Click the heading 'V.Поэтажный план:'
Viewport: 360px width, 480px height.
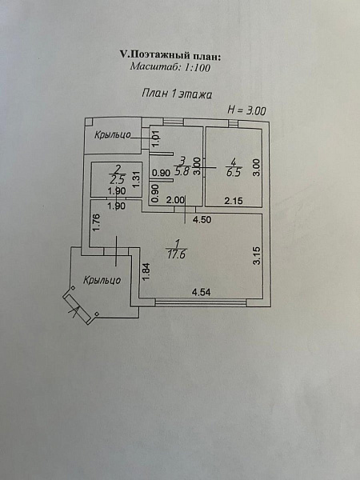(x=170, y=55)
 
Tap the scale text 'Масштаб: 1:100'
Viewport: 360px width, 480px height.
(x=170, y=67)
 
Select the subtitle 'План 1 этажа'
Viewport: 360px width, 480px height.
(x=177, y=94)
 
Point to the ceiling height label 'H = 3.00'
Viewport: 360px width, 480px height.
(x=246, y=110)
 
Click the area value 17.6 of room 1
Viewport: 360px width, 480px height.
(x=177, y=254)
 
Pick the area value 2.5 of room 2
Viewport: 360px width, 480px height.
(x=117, y=178)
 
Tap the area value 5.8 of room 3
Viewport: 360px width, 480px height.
(x=182, y=171)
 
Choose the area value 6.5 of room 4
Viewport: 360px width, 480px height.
(x=234, y=172)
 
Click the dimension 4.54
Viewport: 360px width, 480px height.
(x=201, y=292)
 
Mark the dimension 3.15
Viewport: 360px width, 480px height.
(x=257, y=255)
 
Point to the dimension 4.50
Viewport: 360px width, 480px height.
(x=202, y=219)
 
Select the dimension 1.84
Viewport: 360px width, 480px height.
(x=146, y=272)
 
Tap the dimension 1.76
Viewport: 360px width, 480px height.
(x=96, y=223)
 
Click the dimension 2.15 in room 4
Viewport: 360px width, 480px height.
(x=234, y=201)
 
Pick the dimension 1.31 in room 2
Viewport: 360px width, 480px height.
(x=137, y=179)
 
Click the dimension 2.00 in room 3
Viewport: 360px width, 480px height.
(x=175, y=200)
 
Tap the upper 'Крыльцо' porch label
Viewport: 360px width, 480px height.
(x=112, y=134)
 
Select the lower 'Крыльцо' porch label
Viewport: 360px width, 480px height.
(x=102, y=280)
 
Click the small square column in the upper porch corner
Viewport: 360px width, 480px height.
(x=89, y=122)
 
